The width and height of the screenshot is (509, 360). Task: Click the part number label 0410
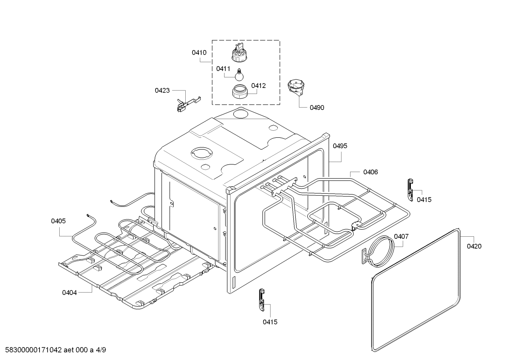point(199,53)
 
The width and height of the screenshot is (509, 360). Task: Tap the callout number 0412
point(258,85)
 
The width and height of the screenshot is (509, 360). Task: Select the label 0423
point(162,90)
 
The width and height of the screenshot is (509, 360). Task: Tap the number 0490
point(317,108)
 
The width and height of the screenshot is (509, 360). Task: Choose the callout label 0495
point(340,146)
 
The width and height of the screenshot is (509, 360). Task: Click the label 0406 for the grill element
point(370,172)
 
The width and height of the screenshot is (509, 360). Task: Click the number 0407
point(401,236)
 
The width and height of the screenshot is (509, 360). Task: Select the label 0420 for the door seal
point(474,246)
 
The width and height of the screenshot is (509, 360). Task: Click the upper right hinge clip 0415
point(410,189)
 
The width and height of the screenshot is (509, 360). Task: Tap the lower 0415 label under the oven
point(270,322)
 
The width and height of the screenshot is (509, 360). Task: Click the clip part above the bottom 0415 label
point(262,300)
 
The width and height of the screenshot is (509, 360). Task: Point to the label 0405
point(58,221)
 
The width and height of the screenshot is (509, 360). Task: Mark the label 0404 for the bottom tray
point(70,293)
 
